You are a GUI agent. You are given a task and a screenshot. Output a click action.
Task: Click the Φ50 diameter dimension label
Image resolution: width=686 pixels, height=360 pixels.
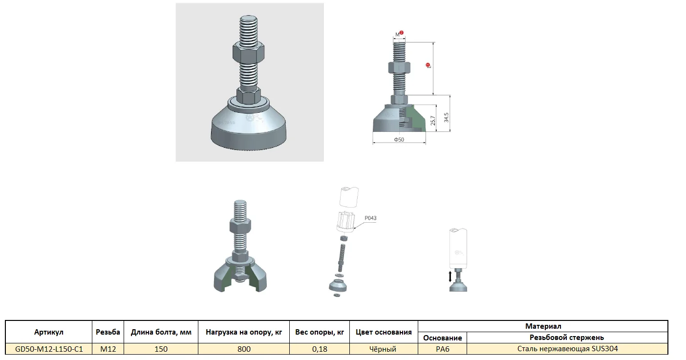pyautogui.click(x=399, y=140)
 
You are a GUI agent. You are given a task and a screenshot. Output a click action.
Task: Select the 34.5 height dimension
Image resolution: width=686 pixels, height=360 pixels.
pyautogui.click(x=446, y=118)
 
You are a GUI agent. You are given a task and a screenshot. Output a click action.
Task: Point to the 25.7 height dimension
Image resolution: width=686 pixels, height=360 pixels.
pyautogui.click(x=433, y=121)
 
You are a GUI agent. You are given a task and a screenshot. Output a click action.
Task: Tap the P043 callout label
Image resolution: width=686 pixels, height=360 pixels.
pyautogui.click(x=370, y=218)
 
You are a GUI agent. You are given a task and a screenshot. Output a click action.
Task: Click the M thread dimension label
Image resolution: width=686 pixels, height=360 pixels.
pyautogui.click(x=397, y=35)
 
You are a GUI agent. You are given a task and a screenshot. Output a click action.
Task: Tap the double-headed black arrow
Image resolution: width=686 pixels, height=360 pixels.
pyautogui.click(x=450, y=276)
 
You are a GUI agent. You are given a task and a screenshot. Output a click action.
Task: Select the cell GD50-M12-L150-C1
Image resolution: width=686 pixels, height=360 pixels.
pyautogui.click(x=49, y=349)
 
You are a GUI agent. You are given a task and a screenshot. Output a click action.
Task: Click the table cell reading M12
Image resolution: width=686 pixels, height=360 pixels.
pyautogui.click(x=108, y=349)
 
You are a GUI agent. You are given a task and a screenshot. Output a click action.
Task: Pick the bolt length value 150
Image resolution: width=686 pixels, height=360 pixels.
pyautogui.click(x=161, y=349)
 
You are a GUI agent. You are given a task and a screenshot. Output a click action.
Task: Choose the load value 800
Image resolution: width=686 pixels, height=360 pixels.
pyautogui.click(x=244, y=349)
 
